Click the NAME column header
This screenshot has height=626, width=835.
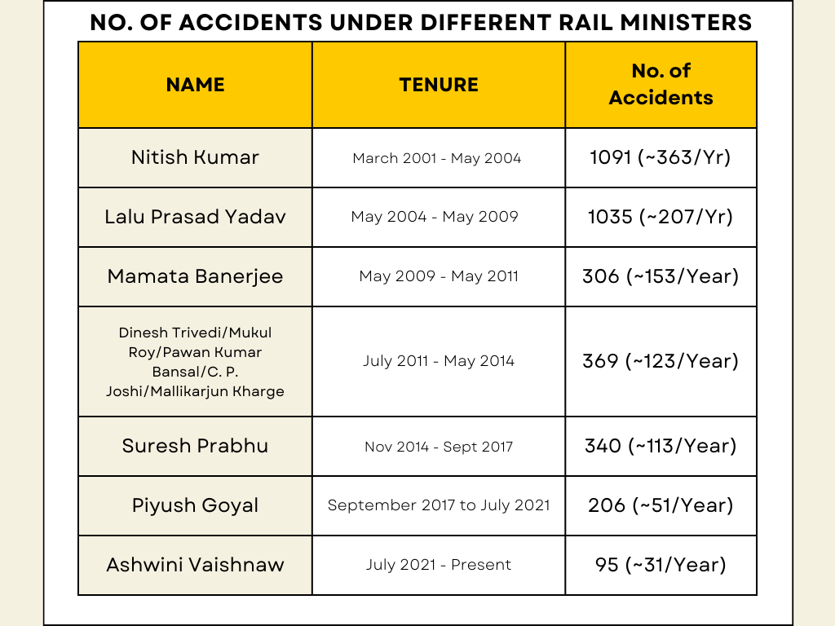tap(195, 85)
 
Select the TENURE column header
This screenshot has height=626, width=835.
tap(439, 85)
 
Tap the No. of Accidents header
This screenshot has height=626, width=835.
tap(660, 85)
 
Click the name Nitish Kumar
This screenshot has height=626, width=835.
tap(195, 157)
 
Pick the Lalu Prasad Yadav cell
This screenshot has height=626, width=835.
tap(195, 217)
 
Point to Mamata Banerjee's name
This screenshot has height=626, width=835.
tap(195, 276)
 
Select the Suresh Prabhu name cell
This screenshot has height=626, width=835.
tap(195, 446)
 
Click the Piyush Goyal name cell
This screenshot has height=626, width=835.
tap(195, 505)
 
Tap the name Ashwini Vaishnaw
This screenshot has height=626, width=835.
tap(195, 565)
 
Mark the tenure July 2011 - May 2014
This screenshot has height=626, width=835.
tap(439, 361)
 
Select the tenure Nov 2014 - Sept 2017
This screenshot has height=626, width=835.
tap(439, 447)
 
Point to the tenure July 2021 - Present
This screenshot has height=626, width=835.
tap(439, 565)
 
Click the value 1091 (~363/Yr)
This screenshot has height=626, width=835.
tap(660, 157)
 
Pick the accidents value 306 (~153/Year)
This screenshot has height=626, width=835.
tap(660, 276)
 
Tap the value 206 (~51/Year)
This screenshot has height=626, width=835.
tap(660, 505)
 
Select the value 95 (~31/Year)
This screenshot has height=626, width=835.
tap(660, 565)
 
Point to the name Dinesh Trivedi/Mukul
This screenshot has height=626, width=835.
tap(195, 333)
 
